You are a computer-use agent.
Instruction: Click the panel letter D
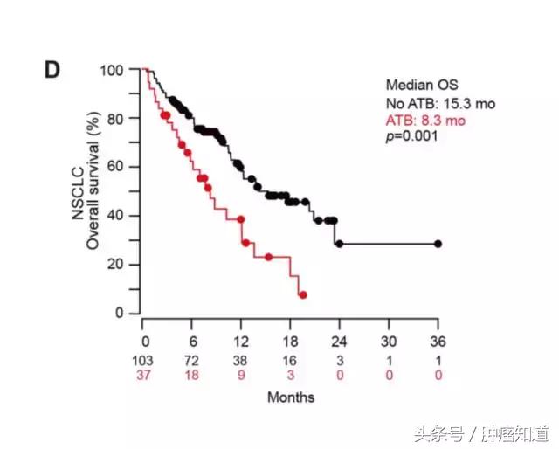[52, 70]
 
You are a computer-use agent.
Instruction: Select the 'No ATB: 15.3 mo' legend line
[440, 103]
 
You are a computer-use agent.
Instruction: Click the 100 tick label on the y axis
[113, 69]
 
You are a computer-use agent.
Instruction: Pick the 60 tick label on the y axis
[116, 166]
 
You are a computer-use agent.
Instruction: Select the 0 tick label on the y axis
[121, 313]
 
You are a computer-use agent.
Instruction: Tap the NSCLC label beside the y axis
[76, 190]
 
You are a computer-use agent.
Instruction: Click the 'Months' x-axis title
[291, 397]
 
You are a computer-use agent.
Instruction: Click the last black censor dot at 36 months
[438, 244]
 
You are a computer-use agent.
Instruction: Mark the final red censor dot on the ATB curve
[302, 295]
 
